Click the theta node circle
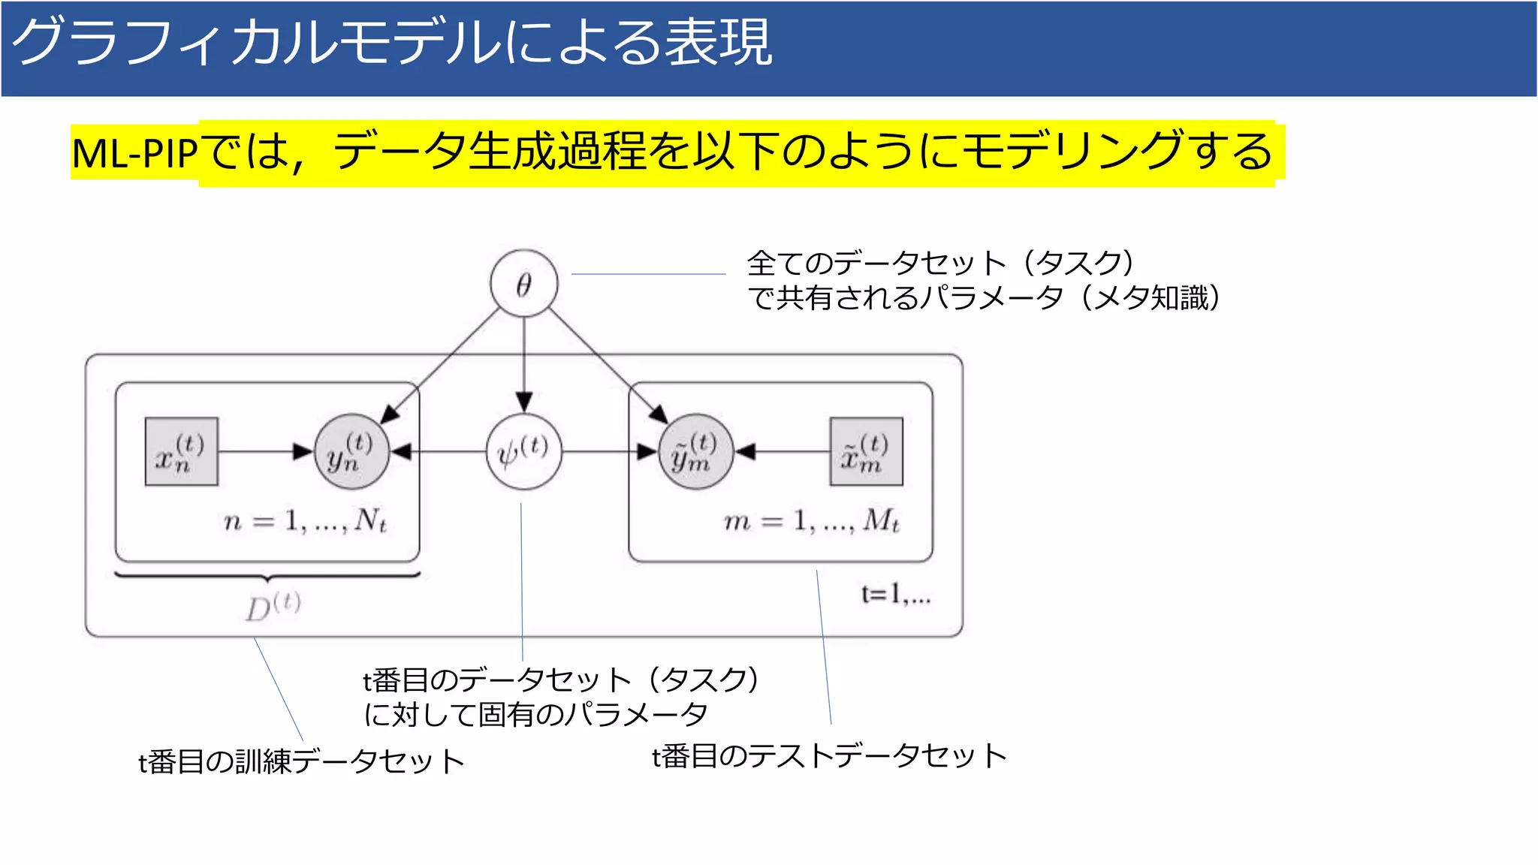click(x=523, y=284)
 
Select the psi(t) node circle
click(x=523, y=451)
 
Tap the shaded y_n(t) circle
click(x=351, y=451)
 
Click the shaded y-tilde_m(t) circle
click(x=695, y=451)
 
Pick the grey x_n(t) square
click(x=181, y=451)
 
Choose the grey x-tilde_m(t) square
click(x=866, y=451)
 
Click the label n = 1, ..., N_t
click(x=305, y=520)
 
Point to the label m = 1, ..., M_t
click(x=811, y=520)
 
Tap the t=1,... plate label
click(x=895, y=595)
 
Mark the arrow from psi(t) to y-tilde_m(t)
click(x=608, y=451)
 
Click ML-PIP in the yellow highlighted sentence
click(x=134, y=153)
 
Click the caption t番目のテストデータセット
click(x=829, y=755)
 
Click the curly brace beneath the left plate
click(x=267, y=577)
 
